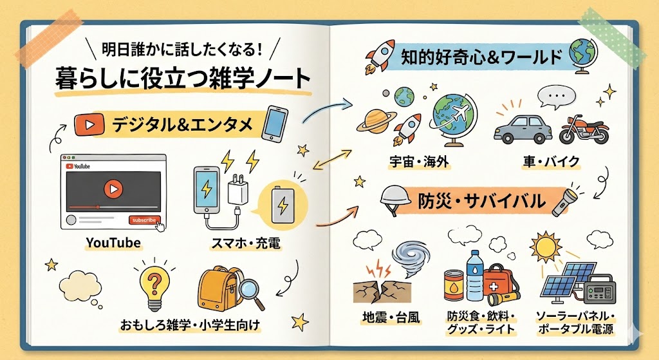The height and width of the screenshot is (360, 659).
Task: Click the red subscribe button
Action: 143,220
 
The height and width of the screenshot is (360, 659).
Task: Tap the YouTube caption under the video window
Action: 113,243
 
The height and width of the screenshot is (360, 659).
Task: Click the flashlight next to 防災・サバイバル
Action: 564,200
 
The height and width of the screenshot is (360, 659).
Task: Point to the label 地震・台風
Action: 385,316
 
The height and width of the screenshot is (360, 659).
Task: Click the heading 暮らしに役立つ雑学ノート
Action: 183,79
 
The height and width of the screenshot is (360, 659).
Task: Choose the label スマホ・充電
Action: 245,244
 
